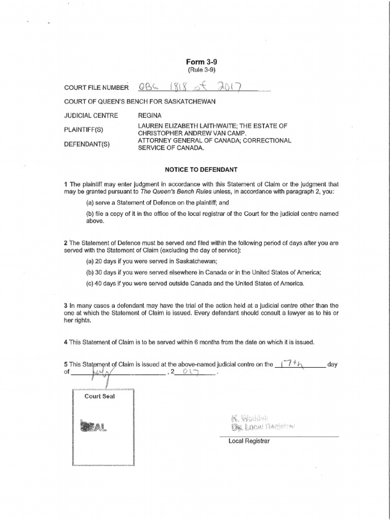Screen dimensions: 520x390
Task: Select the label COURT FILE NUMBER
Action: coord(96,88)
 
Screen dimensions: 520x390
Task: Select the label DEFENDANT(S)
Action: coord(87,144)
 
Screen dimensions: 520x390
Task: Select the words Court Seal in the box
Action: coord(100,397)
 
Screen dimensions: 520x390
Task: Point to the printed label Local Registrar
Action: coord(249,441)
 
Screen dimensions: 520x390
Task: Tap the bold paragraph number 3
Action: coord(66,306)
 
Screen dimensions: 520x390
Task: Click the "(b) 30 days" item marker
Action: coord(89,273)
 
